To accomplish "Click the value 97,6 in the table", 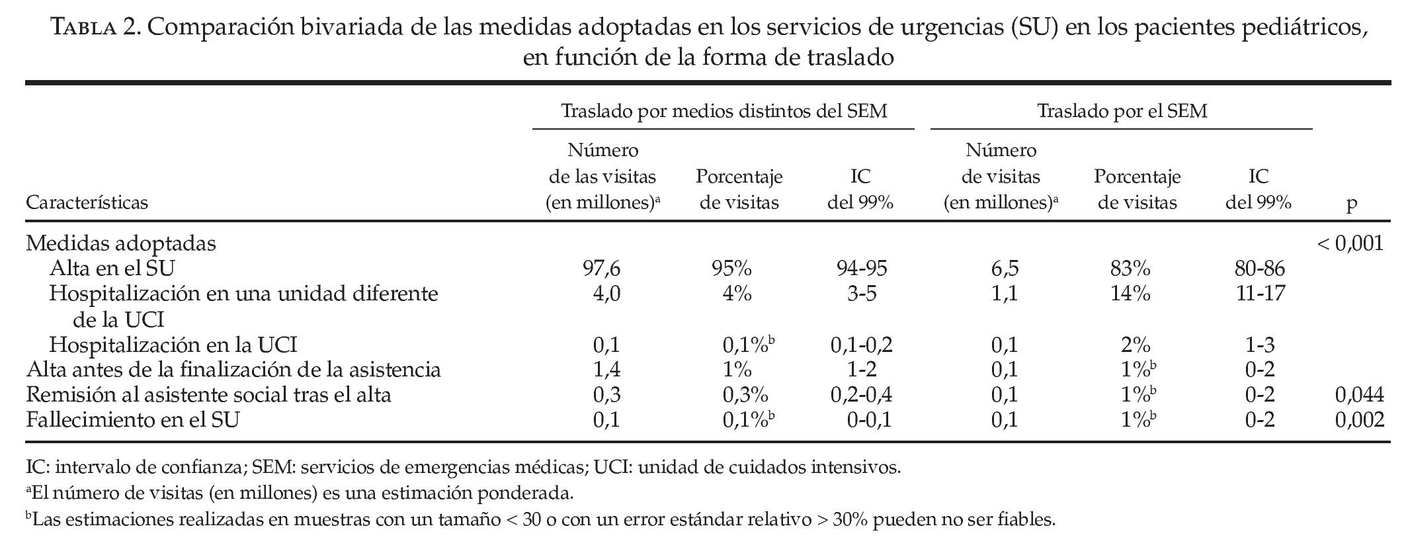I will [x=602, y=269].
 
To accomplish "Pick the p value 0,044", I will [x=1359, y=395].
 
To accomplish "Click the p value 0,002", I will [x=1359, y=420].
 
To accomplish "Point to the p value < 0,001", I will [x=1350, y=243].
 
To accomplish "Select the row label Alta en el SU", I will [x=112, y=269].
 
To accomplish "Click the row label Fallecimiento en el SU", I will [x=132, y=420].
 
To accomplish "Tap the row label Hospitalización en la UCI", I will [x=173, y=345].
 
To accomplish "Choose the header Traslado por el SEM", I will [x=1122, y=111].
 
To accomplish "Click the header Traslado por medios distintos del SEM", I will [x=724, y=111].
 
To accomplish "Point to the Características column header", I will [x=87, y=202].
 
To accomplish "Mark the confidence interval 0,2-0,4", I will [x=860, y=395].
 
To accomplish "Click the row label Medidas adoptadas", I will [x=121, y=243].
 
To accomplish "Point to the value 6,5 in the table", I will [x=1004, y=269].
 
